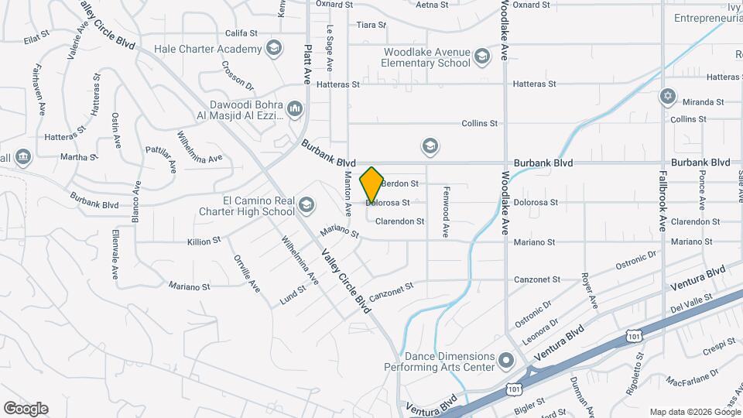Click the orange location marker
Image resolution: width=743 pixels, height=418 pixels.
point(371,184)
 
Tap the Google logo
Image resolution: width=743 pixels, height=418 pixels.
point(26,409)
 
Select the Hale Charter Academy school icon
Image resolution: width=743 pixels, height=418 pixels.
point(272,49)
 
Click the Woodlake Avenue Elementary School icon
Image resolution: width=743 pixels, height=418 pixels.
point(482,57)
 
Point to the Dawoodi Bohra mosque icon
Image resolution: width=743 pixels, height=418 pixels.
point(294,109)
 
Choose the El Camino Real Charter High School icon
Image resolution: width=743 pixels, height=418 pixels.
point(306,205)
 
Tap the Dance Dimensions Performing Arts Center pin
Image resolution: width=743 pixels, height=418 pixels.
point(506,361)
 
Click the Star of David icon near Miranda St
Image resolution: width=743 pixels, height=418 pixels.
point(667,97)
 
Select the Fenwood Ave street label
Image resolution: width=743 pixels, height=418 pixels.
point(445,220)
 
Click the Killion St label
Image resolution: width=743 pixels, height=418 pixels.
point(204,242)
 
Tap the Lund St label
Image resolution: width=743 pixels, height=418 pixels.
point(293,295)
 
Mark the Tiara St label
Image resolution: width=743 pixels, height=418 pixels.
point(371,25)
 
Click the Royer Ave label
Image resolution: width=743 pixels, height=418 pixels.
point(590,288)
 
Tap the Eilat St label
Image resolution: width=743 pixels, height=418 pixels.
point(36,36)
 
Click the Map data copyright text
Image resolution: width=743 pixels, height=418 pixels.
point(695,412)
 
